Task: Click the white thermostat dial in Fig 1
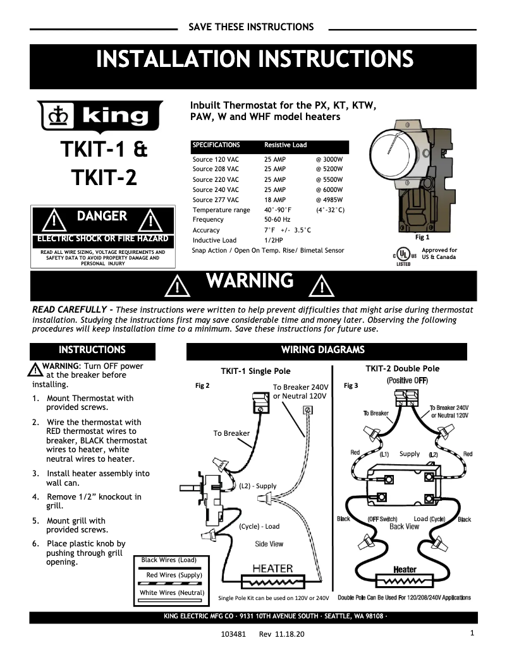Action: [396, 148]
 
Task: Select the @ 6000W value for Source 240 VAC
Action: [329, 189]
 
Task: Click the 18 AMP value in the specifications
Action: [274, 200]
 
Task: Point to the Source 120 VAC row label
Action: [216, 159]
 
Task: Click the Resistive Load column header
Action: [285, 145]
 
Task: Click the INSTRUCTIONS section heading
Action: [92, 350]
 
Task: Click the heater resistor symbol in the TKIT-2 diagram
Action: [405, 581]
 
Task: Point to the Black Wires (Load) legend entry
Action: [169, 560]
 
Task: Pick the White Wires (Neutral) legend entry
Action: [172, 592]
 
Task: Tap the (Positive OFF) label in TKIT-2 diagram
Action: [407, 381]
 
